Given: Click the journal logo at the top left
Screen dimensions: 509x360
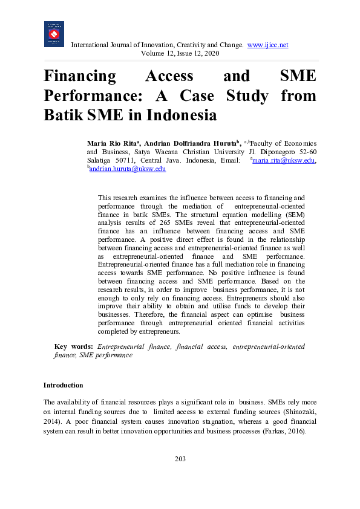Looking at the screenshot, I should coord(54,34).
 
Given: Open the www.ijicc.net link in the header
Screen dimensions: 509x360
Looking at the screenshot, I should coord(267,45).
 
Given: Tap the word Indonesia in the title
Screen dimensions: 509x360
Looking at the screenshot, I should coord(182,115).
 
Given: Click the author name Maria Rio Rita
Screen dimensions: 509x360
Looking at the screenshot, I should coord(114,143).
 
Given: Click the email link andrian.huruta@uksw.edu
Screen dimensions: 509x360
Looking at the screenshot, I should coord(128,169).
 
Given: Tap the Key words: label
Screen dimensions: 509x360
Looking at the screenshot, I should coord(73,346).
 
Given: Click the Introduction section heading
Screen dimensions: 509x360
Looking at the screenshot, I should coord(63,385).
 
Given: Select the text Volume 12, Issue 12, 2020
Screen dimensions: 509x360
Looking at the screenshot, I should coord(180,53).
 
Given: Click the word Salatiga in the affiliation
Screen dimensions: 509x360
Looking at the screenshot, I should coord(102,160).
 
